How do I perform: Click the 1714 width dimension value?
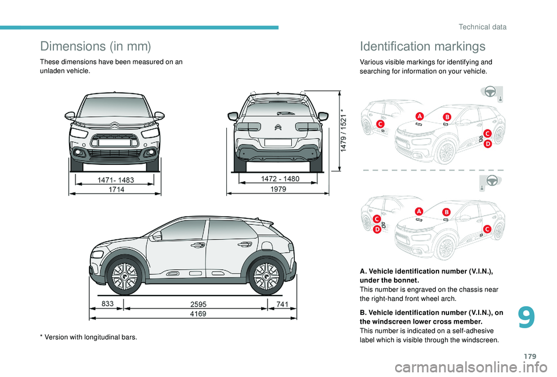tap(116, 189)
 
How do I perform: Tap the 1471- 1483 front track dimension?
tap(116, 180)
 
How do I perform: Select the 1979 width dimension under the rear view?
tap(278, 189)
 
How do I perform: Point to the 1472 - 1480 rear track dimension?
tap(280, 178)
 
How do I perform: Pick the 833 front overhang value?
tap(107, 303)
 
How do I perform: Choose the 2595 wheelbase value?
tap(198, 304)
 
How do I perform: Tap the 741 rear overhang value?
tap(282, 304)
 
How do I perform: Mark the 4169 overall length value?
tap(198, 314)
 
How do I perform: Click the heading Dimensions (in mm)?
tap(96, 46)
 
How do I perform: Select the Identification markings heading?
tap(422, 46)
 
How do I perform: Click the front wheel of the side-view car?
tap(125, 277)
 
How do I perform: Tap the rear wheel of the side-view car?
tap(266, 277)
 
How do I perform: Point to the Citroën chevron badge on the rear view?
tap(278, 127)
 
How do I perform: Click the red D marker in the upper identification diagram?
tap(488, 143)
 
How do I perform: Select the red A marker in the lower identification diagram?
tap(419, 211)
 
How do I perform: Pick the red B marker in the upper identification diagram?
tap(447, 117)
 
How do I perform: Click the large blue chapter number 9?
tap(526, 318)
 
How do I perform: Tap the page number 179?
tap(530, 356)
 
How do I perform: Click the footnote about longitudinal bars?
tap(88, 337)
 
